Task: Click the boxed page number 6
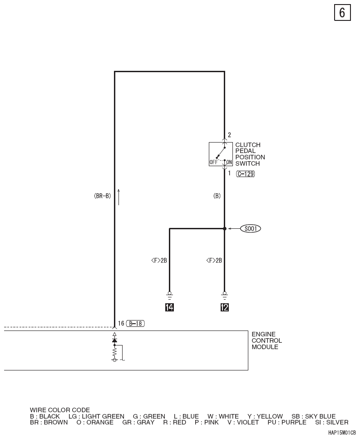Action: pyautogui.click(x=342, y=13)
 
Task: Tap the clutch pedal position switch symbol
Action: pyautogui.click(x=221, y=154)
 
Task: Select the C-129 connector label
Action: pyautogui.click(x=246, y=174)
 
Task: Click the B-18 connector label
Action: pyautogui.click(x=135, y=323)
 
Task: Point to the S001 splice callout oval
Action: pyautogui.click(x=251, y=229)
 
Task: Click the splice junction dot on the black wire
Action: pyautogui.click(x=225, y=229)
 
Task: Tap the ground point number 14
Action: pyautogui.click(x=169, y=307)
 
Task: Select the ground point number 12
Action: pyautogui.click(x=225, y=307)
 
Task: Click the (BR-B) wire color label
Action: pyautogui.click(x=103, y=196)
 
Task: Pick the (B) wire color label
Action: pyautogui.click(x=217, y=196)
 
